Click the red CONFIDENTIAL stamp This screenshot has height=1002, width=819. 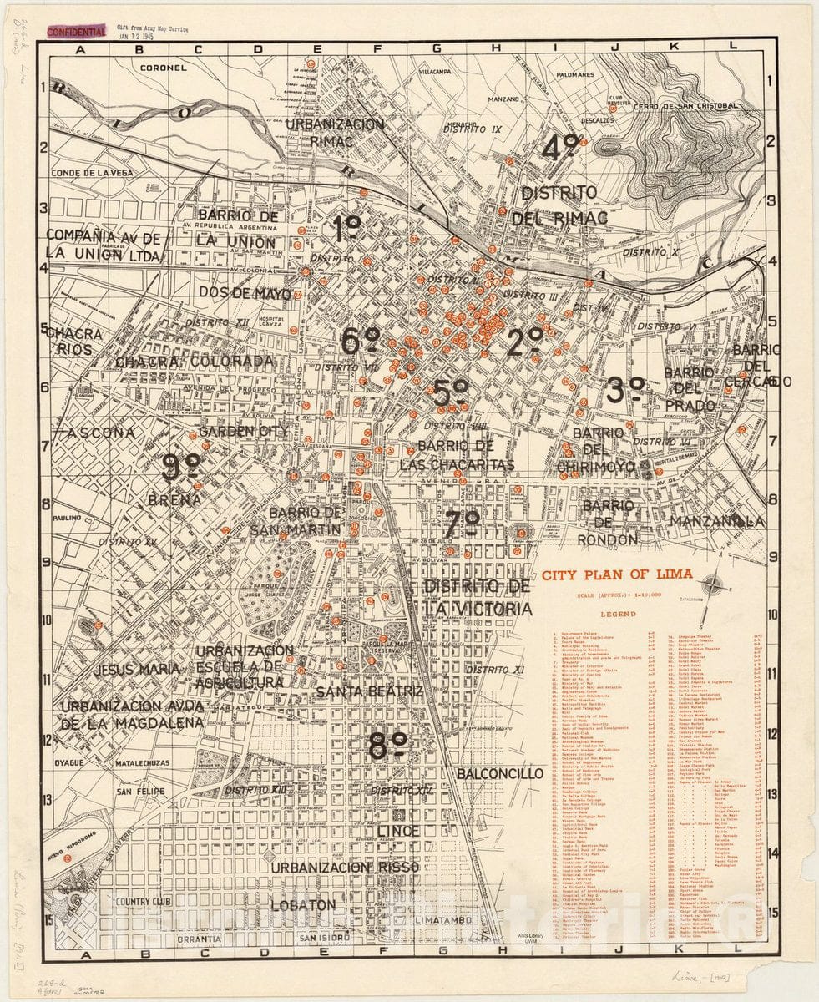76,32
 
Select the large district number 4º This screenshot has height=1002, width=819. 562,148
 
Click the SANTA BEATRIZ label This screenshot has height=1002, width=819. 370,692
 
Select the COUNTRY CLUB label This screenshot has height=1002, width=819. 143,902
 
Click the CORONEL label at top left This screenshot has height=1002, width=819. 164,68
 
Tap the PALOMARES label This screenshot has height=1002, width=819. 596,74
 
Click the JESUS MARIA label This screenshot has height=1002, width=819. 136,669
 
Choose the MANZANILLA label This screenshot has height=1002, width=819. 716,520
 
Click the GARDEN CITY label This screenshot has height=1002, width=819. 242,432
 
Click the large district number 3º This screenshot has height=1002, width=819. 626,390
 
